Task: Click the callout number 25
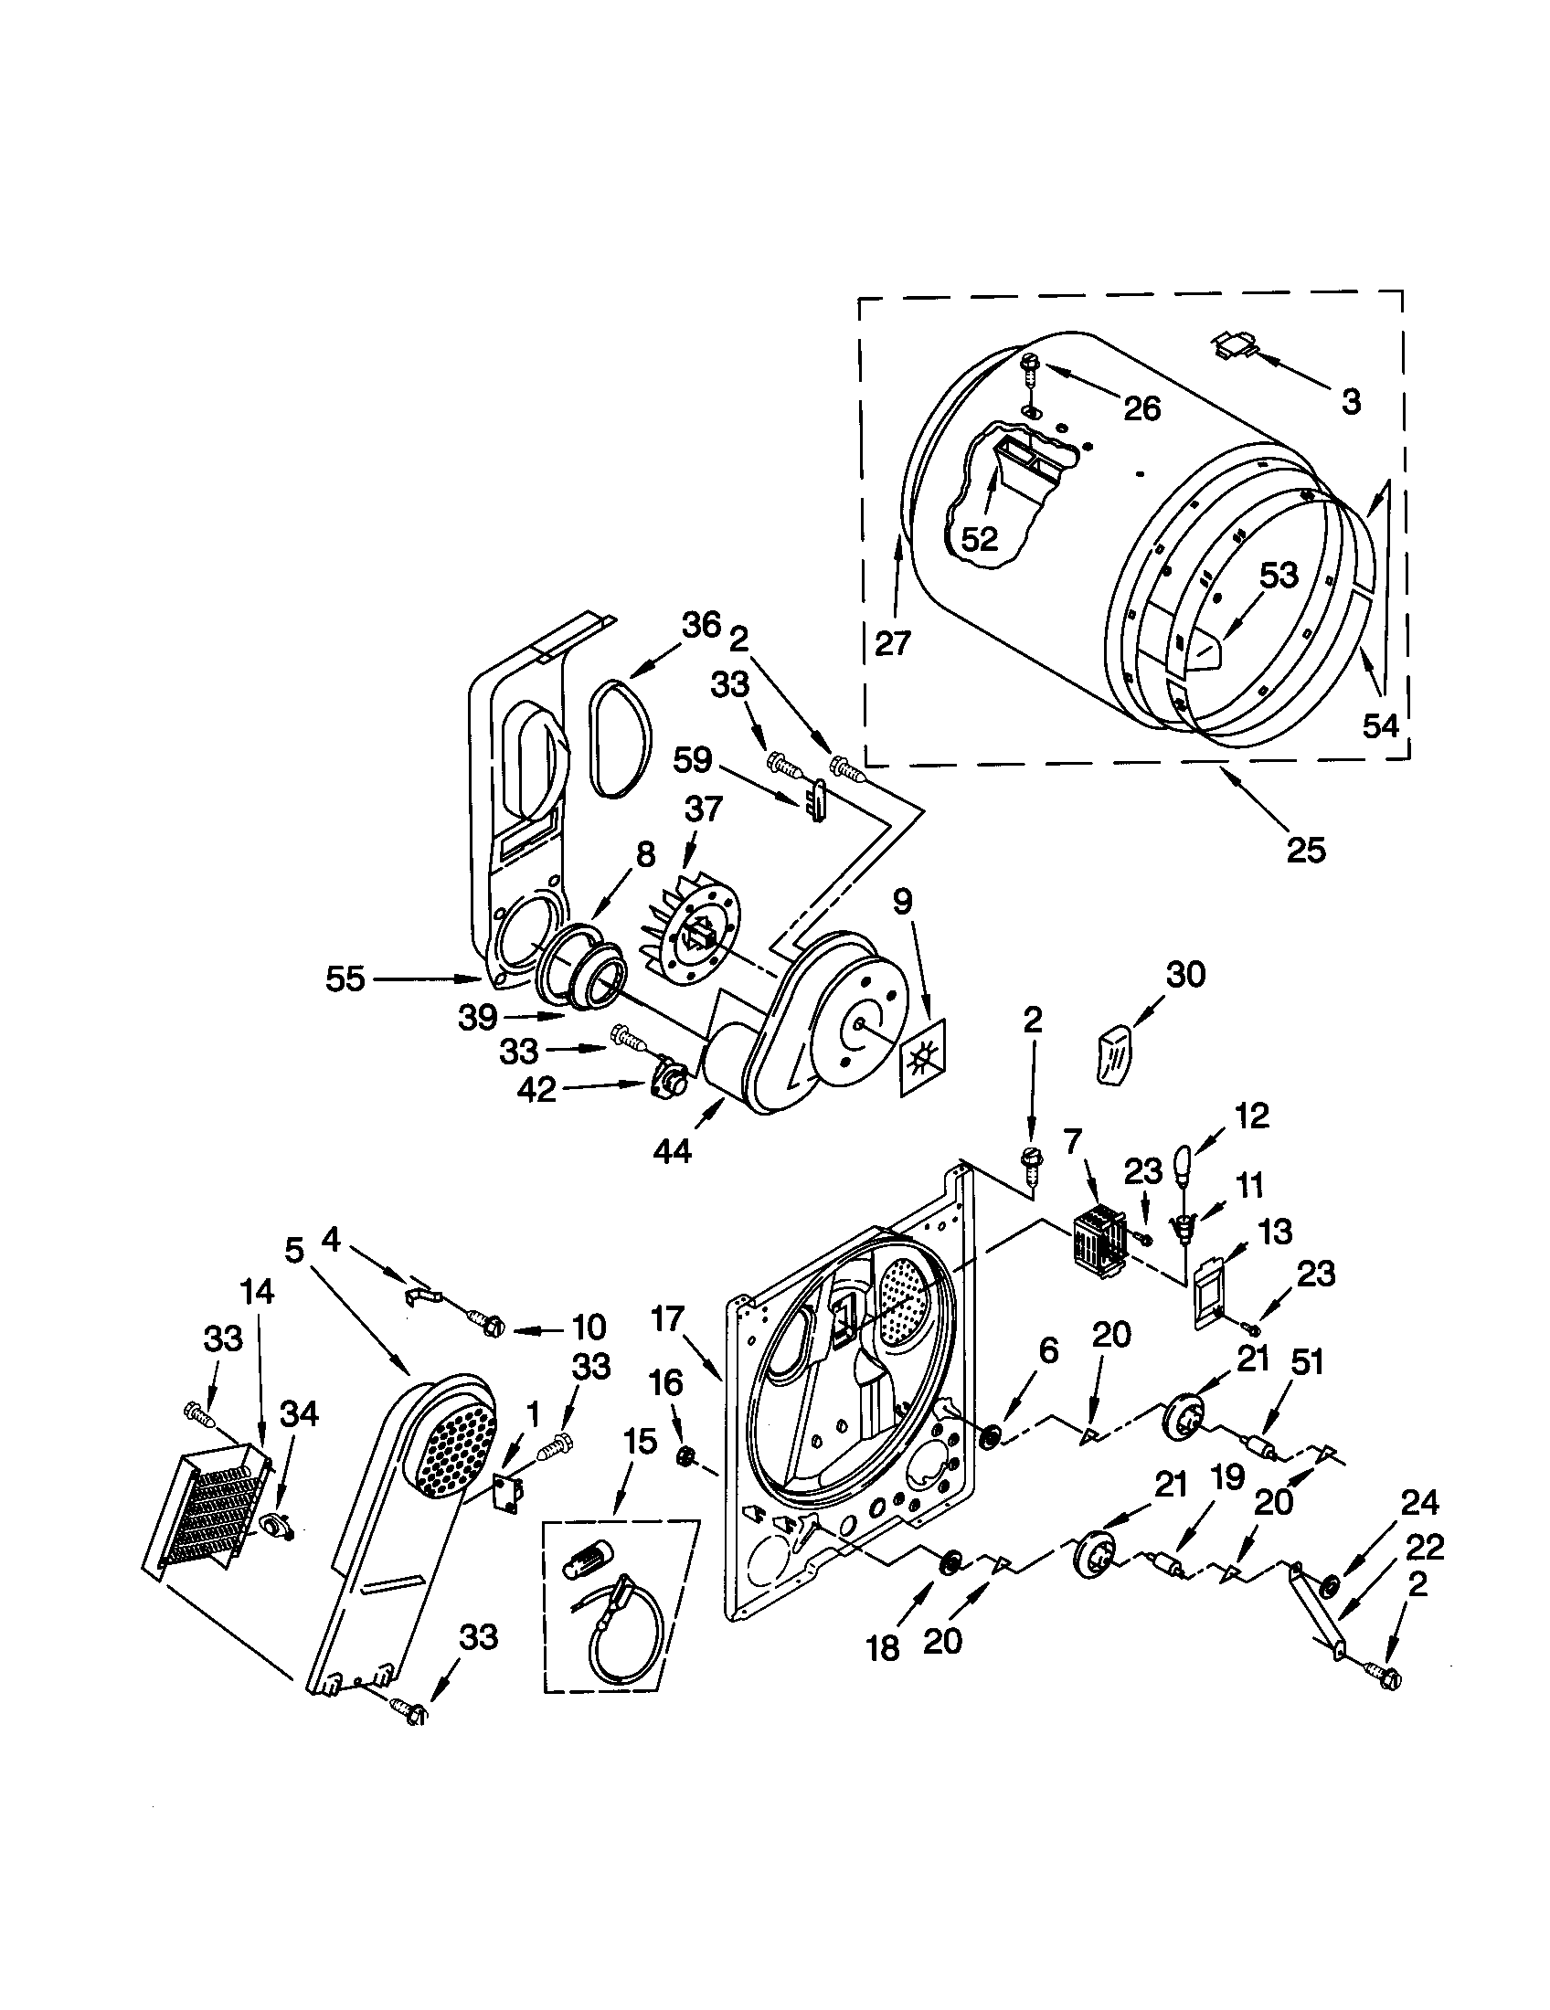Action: (1305, 850)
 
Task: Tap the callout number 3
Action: (1350, 401)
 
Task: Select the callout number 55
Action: (345, 979)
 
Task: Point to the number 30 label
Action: (1185, 974)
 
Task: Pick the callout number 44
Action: (672, 1150)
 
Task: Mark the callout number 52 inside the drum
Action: (980, 539)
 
